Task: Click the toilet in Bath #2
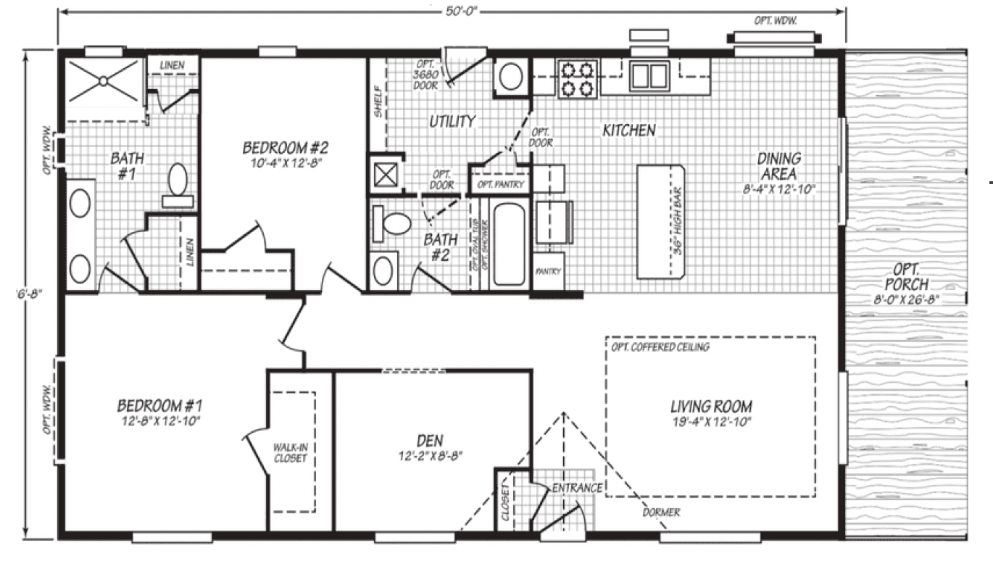point(391,224)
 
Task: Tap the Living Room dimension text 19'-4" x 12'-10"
point(710,422)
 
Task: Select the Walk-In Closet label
point(290,453)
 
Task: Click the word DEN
point(430,440)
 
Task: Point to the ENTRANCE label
point(577,488)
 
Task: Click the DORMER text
point(661,513)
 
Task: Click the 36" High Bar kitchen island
point(660,221)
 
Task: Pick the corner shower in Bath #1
point(101,85)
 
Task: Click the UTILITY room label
point(452,121)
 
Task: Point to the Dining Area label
point(778,166)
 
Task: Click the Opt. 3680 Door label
point(426,74)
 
